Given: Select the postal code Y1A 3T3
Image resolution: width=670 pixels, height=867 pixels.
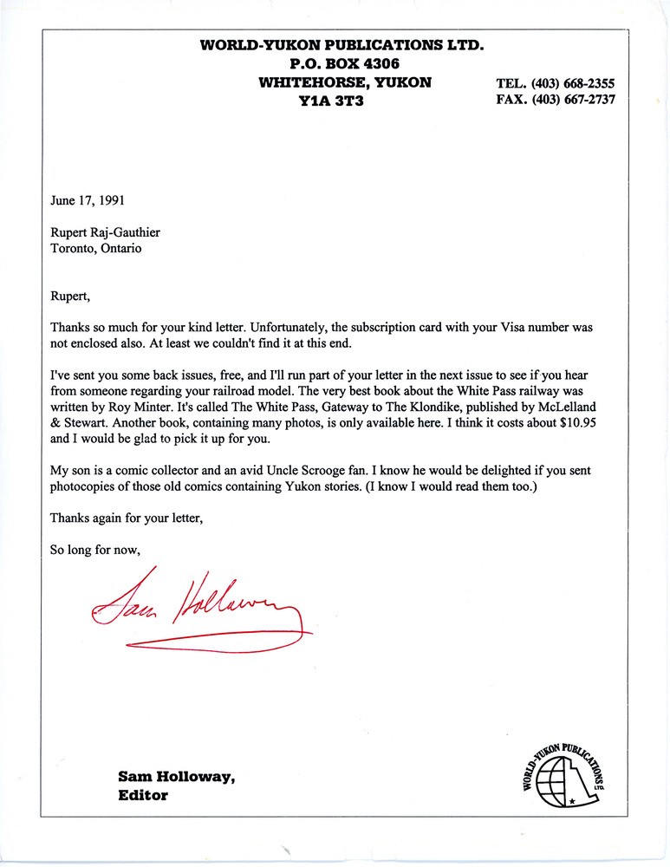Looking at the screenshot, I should point(333,101).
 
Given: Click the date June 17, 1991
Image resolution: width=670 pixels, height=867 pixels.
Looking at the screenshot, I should point(87,200).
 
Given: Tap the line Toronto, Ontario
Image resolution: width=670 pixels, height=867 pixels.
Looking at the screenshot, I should point(95,248).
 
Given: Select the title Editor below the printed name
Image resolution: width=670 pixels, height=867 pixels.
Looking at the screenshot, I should point(143,794).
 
